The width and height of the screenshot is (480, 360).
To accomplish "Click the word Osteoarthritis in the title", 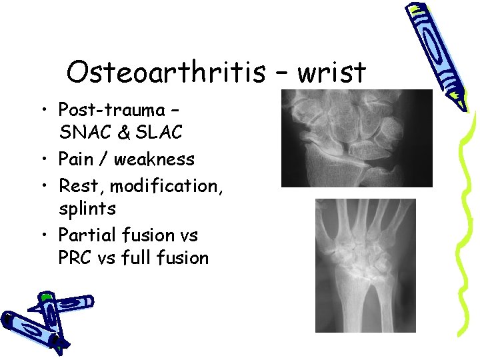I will (x=165, y=73).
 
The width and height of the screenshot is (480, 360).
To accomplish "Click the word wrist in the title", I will (x=331, y=73).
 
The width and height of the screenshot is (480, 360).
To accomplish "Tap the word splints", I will (x=87, y=209).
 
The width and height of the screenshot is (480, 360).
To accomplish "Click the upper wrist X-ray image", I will (x=356, y=138).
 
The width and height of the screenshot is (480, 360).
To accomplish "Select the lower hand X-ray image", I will (x=365, y=265).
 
